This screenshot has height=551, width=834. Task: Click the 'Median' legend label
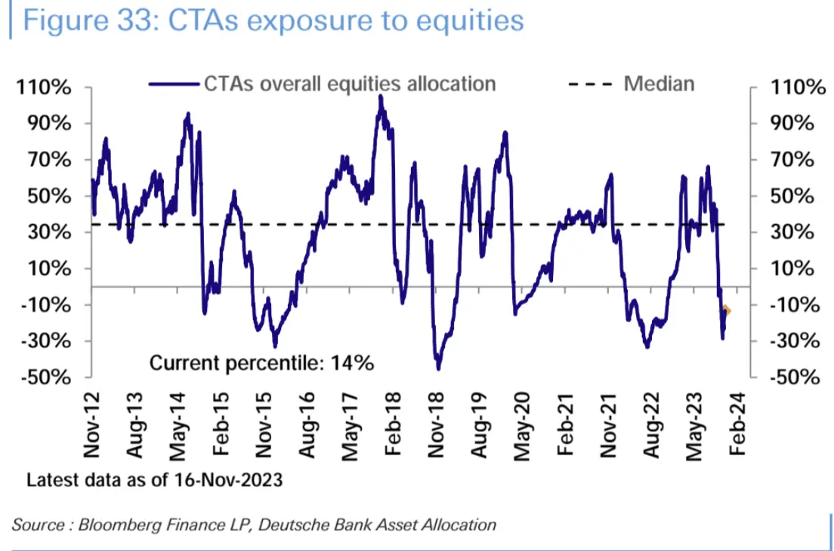(x=659, y=83)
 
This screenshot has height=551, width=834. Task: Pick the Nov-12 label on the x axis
(x=91, y=427)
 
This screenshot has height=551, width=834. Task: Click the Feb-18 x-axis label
(x=393, y=427)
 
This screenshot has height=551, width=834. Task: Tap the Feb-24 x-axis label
(x=737, y=427)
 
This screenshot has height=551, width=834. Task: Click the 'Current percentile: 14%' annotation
(x=261, y=362)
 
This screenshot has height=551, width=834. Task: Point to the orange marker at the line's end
(x=727, y=309)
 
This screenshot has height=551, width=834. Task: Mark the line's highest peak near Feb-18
(x=381, y=97)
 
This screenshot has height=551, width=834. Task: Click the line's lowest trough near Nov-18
(x=438, y=368)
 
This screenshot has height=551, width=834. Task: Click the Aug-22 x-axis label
(x=651, y=427)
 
